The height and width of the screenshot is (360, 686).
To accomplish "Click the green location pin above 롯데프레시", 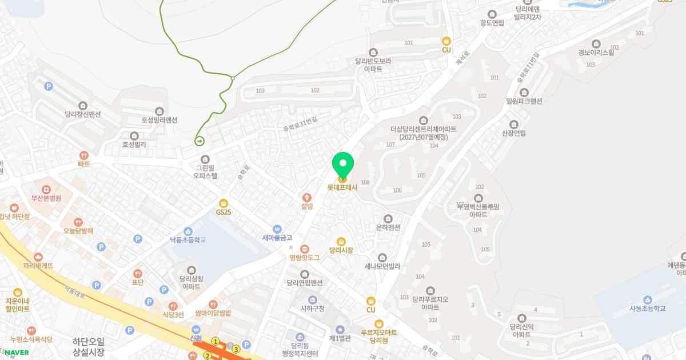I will click(343, 166).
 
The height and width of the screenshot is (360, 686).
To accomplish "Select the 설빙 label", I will click(307, 206).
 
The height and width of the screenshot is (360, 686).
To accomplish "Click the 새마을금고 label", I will click(277, 238).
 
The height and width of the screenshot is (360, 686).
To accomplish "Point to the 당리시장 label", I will click(341, 250).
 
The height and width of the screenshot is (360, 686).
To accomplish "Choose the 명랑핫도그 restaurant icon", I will click(305, 249).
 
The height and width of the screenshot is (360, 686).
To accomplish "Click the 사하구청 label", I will click(312, 309).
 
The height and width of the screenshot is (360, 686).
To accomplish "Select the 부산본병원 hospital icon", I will click(46, 189).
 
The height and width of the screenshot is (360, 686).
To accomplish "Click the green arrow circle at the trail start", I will click(200, 141).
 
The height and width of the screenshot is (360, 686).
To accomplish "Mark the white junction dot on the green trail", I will click(233, 78).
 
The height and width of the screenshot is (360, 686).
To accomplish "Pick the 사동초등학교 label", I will click(647, 309).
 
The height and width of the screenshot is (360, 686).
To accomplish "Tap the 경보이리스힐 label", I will click(596, 52).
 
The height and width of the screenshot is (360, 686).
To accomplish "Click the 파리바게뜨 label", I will click(38, 266).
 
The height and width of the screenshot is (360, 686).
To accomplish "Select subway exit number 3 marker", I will click(236, 349).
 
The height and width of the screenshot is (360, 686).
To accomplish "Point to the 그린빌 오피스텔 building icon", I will click(206, 159).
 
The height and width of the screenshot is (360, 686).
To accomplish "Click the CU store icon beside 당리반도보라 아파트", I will click(446, 41).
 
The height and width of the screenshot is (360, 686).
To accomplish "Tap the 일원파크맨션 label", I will click(524, 101).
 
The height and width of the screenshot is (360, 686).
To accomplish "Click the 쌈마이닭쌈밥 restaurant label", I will click(213, 313).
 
